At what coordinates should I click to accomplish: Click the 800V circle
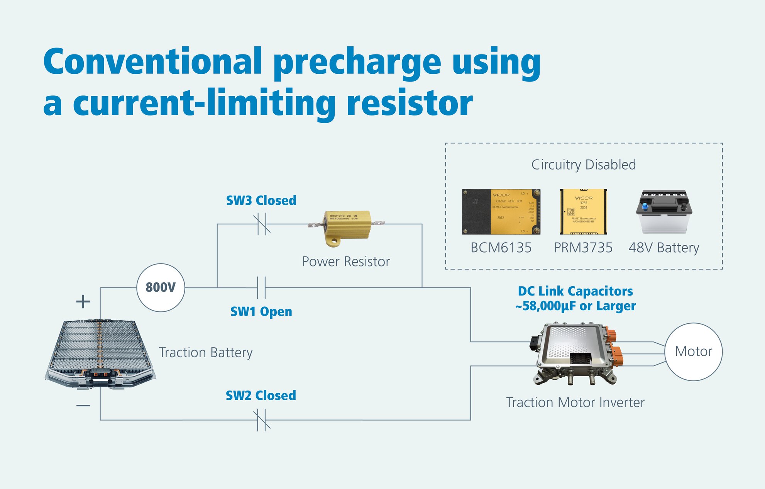pos(161,288)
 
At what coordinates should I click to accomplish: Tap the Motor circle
pos(693,351)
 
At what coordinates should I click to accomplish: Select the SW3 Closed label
pos(261,200)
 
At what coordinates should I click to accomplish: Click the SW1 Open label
pos(261,311)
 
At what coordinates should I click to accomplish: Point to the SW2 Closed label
pos(261,396)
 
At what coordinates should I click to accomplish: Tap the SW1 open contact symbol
pos(262,288)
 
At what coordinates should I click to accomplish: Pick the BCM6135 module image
pos(501,212)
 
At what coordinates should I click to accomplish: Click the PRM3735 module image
pos(583,212)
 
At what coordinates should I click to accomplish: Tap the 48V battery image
pos(664,211)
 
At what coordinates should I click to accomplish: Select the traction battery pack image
pos(100,353)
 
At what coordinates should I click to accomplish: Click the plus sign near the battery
pos(83,301)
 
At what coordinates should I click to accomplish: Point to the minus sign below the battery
pos(83,406)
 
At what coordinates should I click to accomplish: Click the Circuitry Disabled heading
pos(583,165)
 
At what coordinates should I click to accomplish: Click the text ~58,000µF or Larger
pos(575,306)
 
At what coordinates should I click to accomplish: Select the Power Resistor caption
pos(346,261)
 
